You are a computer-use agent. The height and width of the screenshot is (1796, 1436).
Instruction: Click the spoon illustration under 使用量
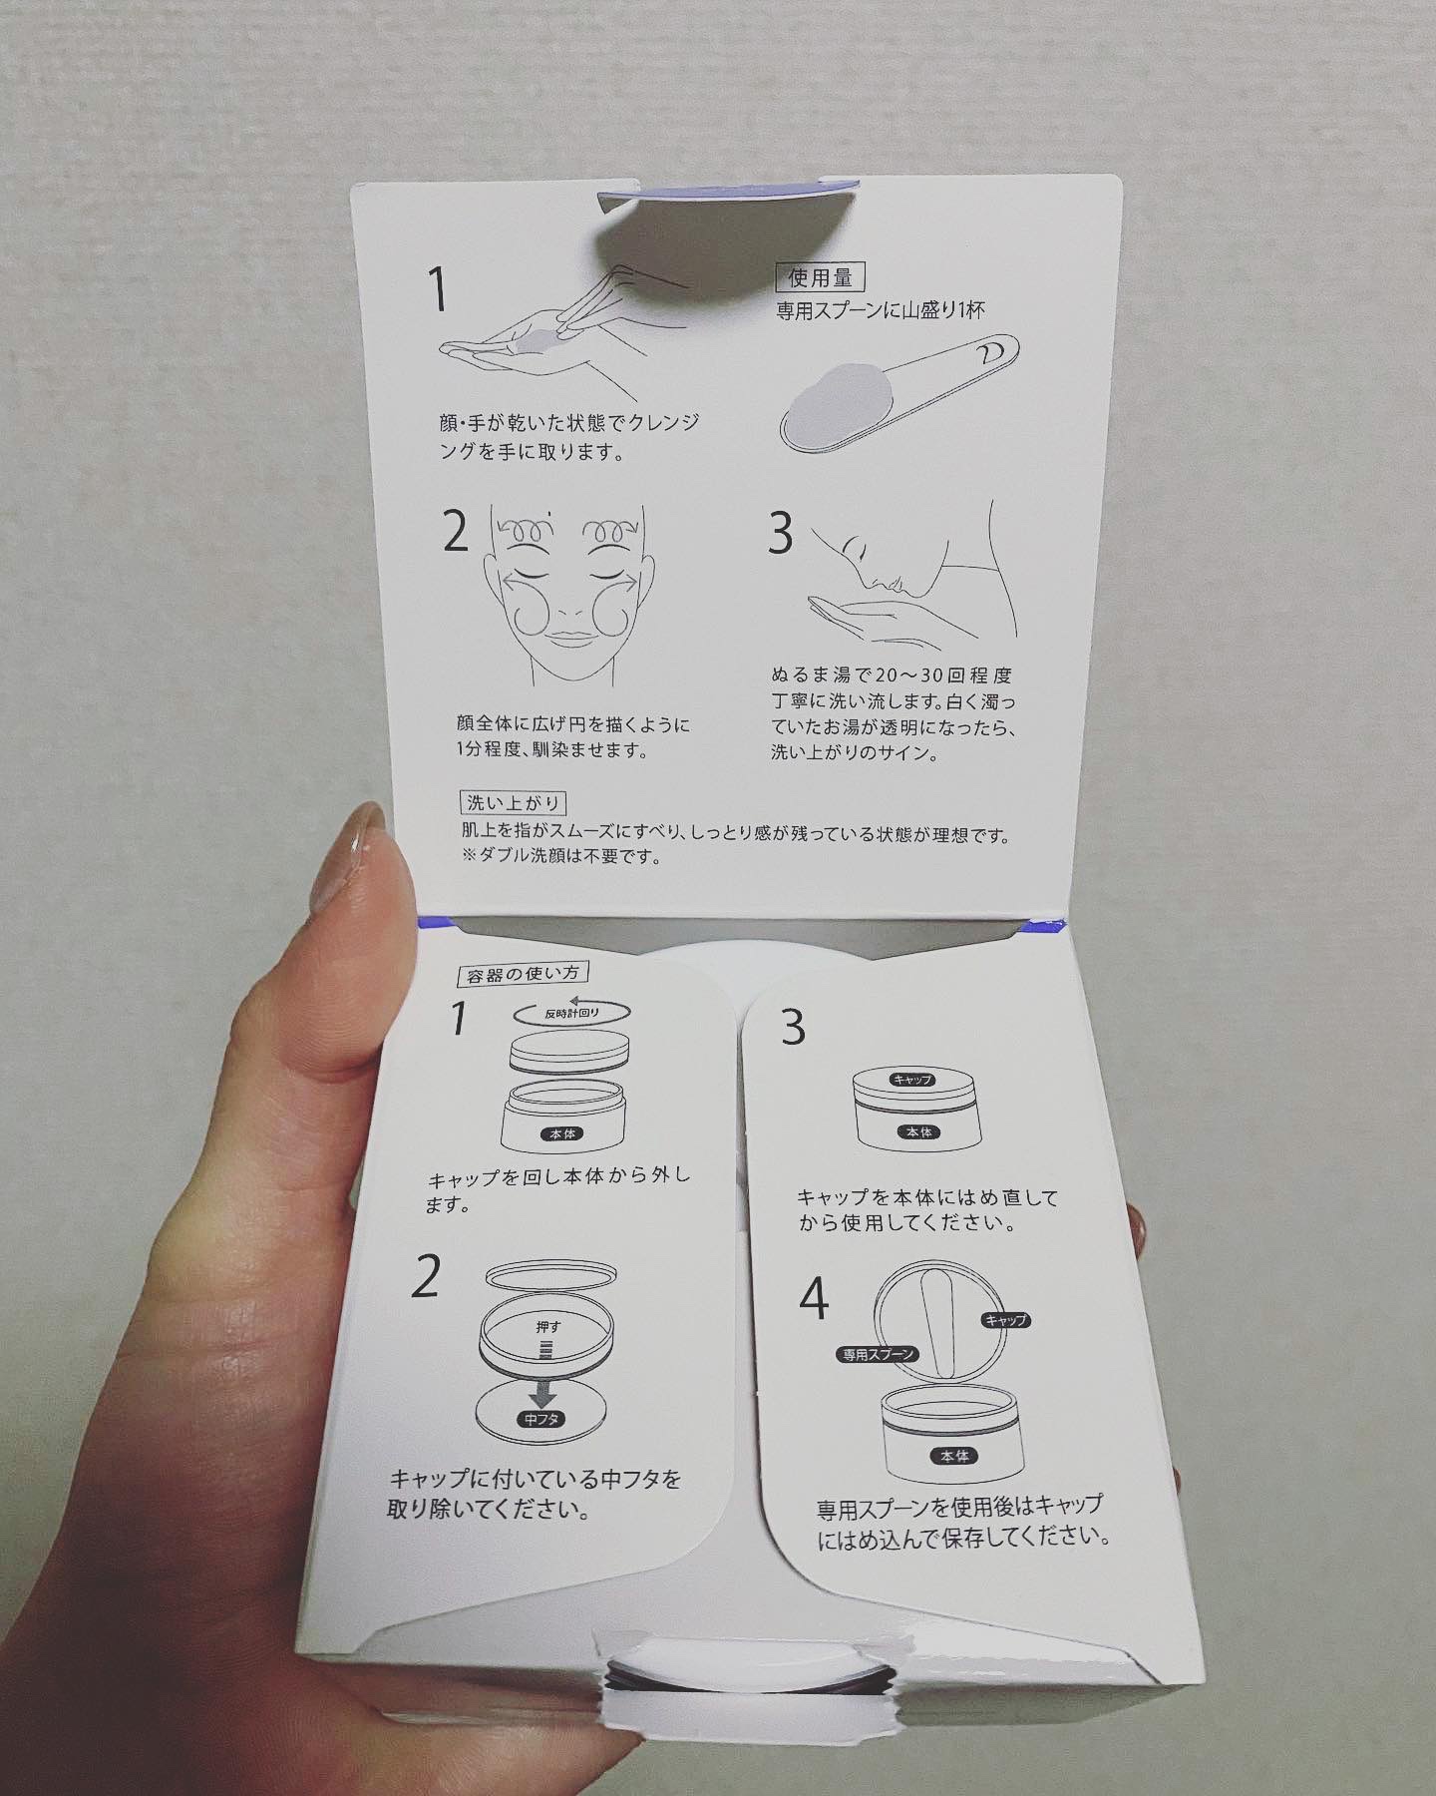point(895,391)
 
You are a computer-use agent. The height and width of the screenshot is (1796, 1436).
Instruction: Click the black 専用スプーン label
point(877,1355)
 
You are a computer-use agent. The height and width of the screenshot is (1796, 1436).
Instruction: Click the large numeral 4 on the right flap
point(815,1300)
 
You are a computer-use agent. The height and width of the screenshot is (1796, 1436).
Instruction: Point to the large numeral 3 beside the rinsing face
point(780,534)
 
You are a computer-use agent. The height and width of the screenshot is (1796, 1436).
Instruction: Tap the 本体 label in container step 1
point(560,1134)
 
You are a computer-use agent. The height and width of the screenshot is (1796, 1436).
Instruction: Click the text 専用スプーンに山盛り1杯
point(881,310)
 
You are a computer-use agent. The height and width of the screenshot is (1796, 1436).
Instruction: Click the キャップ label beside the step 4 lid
point(1005,1319)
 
